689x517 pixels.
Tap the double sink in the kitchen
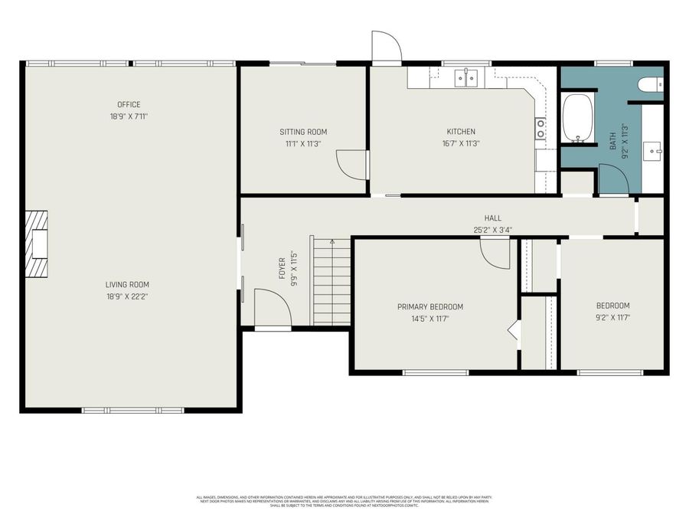point(466,77)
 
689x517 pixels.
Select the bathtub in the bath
point(578,119)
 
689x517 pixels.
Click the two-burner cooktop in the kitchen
point(540,129)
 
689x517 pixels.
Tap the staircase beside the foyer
point(331,281)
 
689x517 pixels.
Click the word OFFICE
point(129,105)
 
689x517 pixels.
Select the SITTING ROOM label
point(303,132)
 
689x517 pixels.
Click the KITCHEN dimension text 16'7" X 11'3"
point(461,143)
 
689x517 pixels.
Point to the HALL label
point(492,218)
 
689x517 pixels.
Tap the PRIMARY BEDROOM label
point(429,307)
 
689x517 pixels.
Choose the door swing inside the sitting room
point(351,163)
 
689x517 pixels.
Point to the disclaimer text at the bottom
point(344,501)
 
